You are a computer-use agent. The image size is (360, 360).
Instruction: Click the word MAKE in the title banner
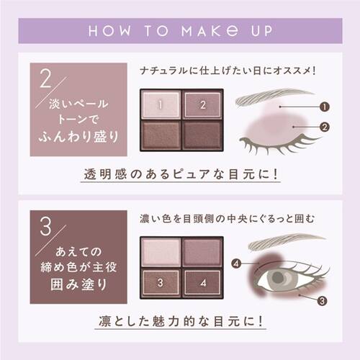[x=210, y=31]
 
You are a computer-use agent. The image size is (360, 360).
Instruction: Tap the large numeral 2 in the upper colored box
[x=46, y=78]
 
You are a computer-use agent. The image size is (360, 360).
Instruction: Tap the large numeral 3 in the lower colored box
[x=45, y=226]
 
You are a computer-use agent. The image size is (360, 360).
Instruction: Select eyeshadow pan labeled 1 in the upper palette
[x=161, y=104]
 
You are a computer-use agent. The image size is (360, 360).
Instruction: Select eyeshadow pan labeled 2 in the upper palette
[x=203, y=104]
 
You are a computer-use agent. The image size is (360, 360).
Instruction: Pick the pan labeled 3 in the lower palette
[x=161, y=282]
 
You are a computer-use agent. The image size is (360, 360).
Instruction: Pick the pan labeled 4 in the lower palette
[x=203, y=282]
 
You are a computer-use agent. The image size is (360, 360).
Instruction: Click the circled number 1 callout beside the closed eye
[x=325, y=107]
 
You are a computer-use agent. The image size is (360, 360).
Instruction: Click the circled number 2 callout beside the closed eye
[x=325, y=127]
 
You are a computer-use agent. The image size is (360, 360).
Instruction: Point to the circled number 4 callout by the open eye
[x=236, y=264]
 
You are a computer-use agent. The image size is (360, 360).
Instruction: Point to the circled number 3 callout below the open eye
[x=322, y=301]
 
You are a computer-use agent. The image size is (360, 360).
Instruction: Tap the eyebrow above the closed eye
[x=274, y=96]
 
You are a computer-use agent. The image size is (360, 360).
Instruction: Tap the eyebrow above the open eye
[x=286, y=243]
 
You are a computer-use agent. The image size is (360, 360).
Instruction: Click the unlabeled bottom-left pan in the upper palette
[x=161, y=135]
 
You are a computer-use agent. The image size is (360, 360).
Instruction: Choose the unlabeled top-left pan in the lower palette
[x=161, y=252]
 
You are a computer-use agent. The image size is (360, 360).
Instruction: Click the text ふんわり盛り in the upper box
[x=78, y=137]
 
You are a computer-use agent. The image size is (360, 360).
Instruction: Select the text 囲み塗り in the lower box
[x=78, y=284]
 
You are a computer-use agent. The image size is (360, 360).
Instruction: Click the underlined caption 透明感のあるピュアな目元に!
[x=181, y=174]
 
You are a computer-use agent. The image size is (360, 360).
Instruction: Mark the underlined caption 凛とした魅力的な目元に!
[x=181, y=321]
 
